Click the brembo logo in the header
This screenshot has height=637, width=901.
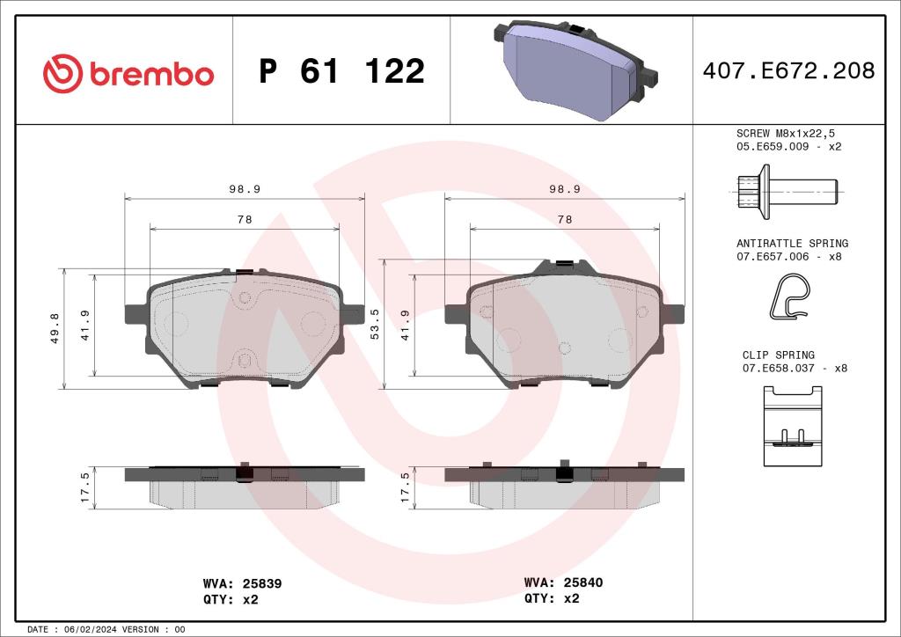pos(128,72)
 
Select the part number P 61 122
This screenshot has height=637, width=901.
pos(341,72)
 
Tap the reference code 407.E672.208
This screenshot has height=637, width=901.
pos(788,71)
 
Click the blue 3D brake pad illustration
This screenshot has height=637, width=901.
pos(572,70)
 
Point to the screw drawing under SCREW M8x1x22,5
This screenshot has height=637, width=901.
pos(783,191)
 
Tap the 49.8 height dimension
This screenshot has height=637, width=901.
pos(55,328)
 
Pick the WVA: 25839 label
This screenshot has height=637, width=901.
pos(242,583)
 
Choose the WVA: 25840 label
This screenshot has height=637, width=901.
pos(563,582)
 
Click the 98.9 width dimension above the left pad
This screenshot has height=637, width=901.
pos(245,189)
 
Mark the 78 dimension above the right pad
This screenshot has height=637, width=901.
pos(565,219)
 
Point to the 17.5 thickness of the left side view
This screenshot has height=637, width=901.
pos(85,487)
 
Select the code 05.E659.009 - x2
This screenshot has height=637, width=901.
pos(788,147)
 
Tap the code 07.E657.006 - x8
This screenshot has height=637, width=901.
pos(788,257)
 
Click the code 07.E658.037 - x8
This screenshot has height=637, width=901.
pos(795,369)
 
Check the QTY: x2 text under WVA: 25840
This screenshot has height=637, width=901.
pos(552,598)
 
